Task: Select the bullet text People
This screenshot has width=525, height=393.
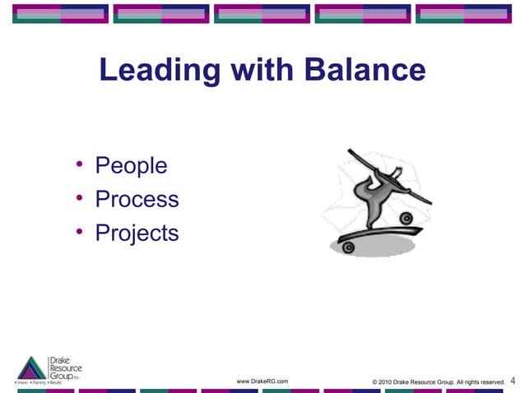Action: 132,166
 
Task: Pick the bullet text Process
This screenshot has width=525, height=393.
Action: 137,200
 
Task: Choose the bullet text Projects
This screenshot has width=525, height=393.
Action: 137,233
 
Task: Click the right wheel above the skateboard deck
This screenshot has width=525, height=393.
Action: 406,218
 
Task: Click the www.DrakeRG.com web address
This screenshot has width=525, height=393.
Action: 262,381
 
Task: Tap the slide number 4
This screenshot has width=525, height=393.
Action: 513,381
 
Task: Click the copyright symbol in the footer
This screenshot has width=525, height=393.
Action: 375,381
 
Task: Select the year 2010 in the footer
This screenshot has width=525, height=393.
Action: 388,381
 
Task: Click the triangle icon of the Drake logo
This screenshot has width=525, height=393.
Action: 32,368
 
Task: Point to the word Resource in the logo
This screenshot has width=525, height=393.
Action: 66,369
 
